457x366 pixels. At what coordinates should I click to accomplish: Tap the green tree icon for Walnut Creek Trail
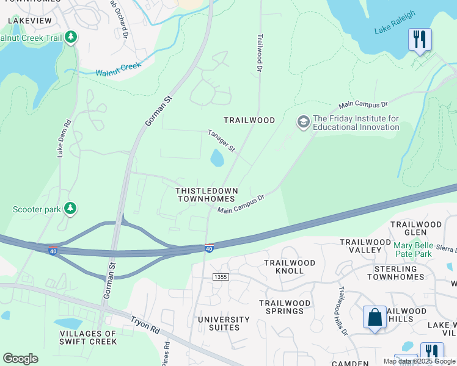tap(71, 38)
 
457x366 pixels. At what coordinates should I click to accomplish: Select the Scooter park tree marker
tap(71, 209)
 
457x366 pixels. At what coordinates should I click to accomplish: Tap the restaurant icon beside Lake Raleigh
tap(420, 40)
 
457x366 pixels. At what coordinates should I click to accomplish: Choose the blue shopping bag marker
tap(375, 317)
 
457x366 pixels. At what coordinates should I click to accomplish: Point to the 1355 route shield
tap(221, 277)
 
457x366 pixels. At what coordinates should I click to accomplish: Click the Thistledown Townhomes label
tap(205, 195)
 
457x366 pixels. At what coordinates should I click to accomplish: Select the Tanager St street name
tap(221, 140)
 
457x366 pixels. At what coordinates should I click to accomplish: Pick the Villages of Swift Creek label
tap(88, 337)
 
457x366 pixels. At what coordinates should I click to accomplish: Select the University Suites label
tap(224, 323)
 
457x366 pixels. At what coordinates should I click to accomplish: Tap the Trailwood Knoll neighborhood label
tap(289, 267)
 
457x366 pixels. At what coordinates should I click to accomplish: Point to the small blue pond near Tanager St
tap(217, 159)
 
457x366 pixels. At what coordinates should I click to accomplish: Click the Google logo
tap(20, 359)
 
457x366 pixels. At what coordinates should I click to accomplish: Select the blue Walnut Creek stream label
tap(118, 69)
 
